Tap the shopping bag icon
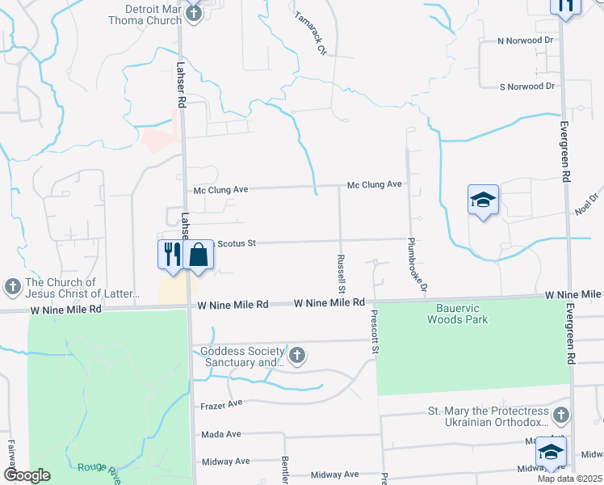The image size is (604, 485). click(x=199, y=255)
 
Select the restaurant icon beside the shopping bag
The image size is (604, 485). click(x=171, y=255)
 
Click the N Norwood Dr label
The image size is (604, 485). click(x=526, y=40)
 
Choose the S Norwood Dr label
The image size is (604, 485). click(x=527, y=86)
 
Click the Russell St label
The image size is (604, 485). click(x=342, y=272)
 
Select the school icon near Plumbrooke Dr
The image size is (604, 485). click(x=483, y=200)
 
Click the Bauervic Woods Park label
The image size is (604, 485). click(x=458, y=314)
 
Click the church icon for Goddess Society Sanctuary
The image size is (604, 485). click(x=297, y=354)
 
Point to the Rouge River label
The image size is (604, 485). click(x=98, y=467)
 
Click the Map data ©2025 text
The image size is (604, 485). click(x=569, y=479)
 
